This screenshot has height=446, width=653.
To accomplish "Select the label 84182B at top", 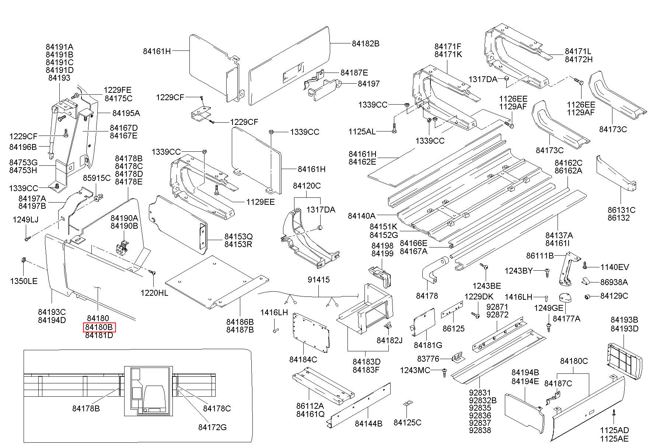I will click(365, 43).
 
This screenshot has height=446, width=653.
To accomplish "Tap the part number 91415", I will click(318, 280).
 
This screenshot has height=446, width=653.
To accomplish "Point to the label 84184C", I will click(303, 359).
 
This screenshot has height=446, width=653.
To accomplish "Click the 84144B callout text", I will click(369, 424).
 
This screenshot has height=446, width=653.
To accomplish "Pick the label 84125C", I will click(407, 422).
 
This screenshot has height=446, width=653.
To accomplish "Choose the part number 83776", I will click(428, 358).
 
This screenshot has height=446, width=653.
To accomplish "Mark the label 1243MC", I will click(415, 370).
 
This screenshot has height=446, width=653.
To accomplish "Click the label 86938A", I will click(614, 282).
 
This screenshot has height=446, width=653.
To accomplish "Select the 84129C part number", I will click(614, 296).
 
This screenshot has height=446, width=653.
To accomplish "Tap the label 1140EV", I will click(615, 267).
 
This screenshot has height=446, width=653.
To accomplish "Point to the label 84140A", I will click(362, 216).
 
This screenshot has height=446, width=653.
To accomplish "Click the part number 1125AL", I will click(362, 131).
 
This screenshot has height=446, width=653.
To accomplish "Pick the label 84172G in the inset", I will click(212, 427).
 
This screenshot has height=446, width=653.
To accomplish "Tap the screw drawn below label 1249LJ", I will click(27, 239).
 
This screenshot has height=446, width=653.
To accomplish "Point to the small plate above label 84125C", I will click(407, 404).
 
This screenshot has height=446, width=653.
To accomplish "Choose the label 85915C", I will click(97, 178).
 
